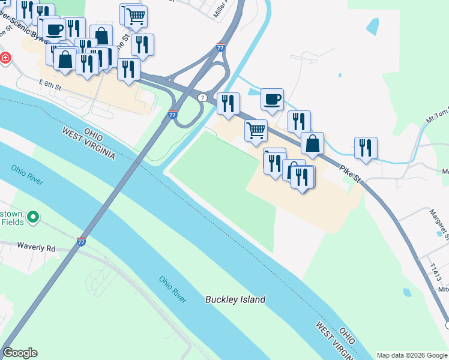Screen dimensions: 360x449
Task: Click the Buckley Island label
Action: pyautogui.click(x=235, y=299)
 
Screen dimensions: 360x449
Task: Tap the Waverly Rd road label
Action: pyautogui.click(x=36, y=247)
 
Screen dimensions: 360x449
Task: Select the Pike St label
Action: pyautogui.click(x=348, y=175)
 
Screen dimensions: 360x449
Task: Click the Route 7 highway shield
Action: pyautogui.click(x=203, y=97)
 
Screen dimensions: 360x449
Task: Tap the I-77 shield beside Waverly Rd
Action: pyautogui.click(x=82, y=242)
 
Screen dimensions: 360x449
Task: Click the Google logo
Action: pyautogui.click(x=20, y=353)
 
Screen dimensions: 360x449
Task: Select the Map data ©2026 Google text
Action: pyautogui.click(x=412, y=355)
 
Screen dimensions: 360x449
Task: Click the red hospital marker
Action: pyautogui.click(x=5, y=58)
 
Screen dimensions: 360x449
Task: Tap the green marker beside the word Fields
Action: pyautogui.click(x=34, y=216)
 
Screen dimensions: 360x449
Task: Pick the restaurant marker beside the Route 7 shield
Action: pyautogui.click(x=228, y=104)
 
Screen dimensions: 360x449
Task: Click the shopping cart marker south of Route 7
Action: pyautogui.click(x=256, y=130)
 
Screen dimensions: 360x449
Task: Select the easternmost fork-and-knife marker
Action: pyautogui.click(x=366, y=148)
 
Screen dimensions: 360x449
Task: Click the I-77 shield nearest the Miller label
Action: pyautogui.click(x=220, y=47)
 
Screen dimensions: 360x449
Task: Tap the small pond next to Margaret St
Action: pyautogui.click(x=408, y=293)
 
